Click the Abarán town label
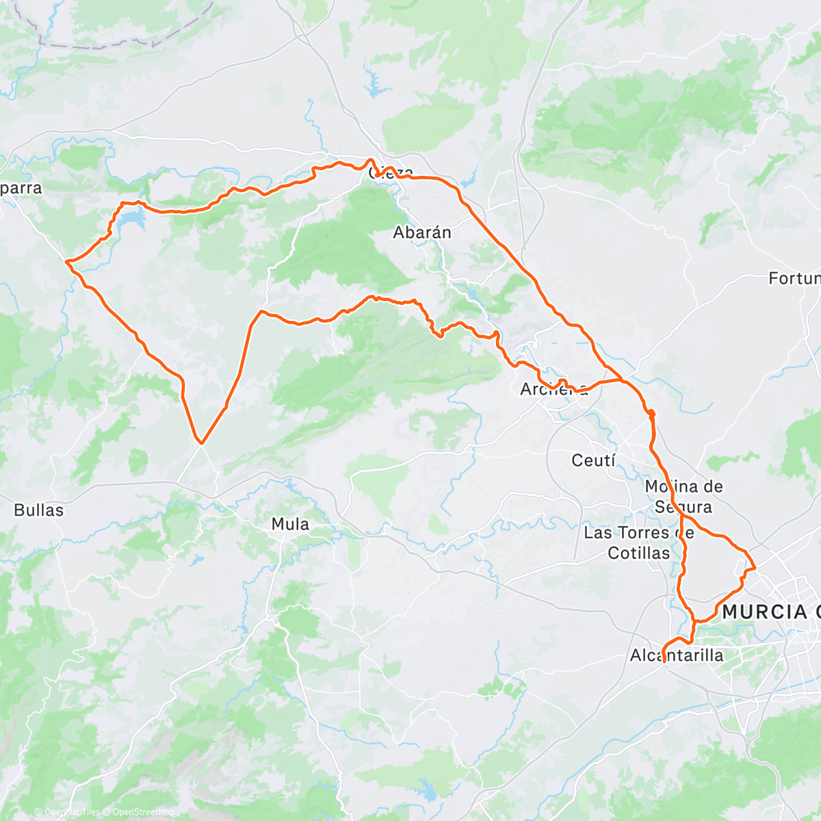pyautogui.click(x=422, y=233)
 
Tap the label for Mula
pyautogui.click(x=290, y=525)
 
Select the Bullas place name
pyautogui.click(x=38, y=510)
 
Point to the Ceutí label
pyautogui.click(x=594, y=460)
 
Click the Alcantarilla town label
pyautogui.click(x=676, y=655)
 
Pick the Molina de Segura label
pyautogui.click(x=683, y=497)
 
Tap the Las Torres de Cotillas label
pyautogui.click(x=639, y=543)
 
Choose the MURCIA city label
pyautogui.click(x=765, y=612)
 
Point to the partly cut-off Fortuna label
pyautogui.click(x=794, y=278)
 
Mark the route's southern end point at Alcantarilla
pyautogui.click(x=664, y=661)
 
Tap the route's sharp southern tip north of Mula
pyautogui.click(x=200, y=443)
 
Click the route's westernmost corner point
pyautogui.click(x=66, y=261)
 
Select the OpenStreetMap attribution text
pyautogui.click(x=144, y=813)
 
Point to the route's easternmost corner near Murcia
pyautogui.click(x=754, y=567)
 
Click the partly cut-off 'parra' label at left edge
pyautogui.click(x=21, y=188)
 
